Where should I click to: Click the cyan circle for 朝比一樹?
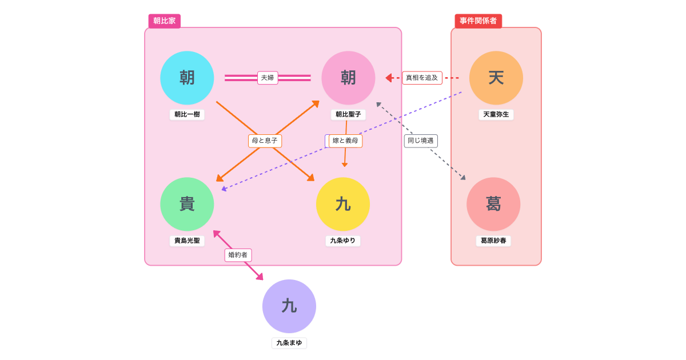coord(187,78)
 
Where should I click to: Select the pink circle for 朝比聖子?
coord(348,78)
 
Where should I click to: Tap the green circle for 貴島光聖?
coord(187,204)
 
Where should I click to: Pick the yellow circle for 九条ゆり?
coord(343,204)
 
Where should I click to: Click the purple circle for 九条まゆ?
coord(289,306)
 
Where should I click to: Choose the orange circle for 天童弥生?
coord(496,78)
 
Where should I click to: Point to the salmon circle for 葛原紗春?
coord(493,204)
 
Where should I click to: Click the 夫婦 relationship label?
coord(268,78)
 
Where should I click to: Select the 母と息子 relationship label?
coord(265,141)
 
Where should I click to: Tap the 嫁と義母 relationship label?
coord(346,141)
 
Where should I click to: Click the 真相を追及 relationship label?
coord(422,78)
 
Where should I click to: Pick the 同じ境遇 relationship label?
coord(421,141)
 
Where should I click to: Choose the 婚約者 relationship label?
coord(238,255)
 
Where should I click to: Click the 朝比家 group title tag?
coord(165,21)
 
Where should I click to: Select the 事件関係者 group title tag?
coord(478,21)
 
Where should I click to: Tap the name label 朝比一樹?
coord(187,114)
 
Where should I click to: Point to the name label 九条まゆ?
coord(289,343)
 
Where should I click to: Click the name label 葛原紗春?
coord(493,241)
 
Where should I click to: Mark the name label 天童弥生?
coord(496,114)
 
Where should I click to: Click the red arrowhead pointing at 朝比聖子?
coord(389,78)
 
